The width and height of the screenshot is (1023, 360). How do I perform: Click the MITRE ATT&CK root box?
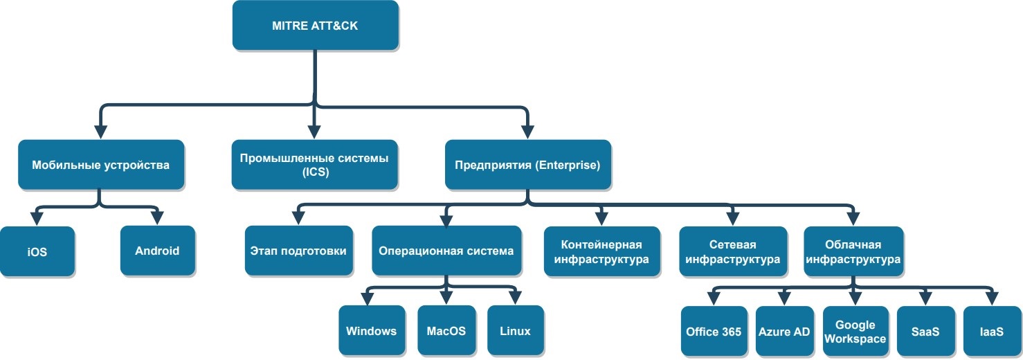pyautogui.click(x=315, y=26)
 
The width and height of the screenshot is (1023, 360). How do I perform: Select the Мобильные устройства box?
pyautogui.click(x=101, y=165)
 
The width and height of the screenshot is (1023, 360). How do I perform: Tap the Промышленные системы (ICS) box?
pyautogui.click(x=314, y=165)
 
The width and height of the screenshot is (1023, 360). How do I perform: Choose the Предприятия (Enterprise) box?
pyautogui.click(x=527, y=165)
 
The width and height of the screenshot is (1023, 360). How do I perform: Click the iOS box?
pyautogui.click(x=37, y=252)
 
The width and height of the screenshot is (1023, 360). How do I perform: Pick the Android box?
pyautogui.click(x=157, y=251)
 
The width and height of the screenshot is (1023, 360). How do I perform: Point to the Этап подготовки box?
pyautogui.click(x=298, y=251)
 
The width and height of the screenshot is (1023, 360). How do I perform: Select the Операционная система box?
pyautogui.click(x=446, y=251)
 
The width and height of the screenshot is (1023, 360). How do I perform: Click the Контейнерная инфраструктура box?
pyautogui.click(x=601, y=252)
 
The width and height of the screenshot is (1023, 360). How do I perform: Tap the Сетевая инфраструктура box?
pyautogui.click(x=733, y=252)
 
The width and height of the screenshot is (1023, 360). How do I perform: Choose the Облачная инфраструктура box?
pyautogui.click(x=853, y=252)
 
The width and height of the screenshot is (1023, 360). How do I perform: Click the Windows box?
pyautogui.click(x=372, y=330)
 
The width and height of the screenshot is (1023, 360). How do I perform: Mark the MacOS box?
pyautogui.click(x=446, y=330)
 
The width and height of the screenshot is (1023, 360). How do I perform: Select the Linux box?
pyautogui.click(x=515, y=330)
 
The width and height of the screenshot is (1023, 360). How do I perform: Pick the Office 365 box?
pyautogui.click(x=714, y=331)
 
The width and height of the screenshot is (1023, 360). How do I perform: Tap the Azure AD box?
pyautogui.click(x=784, y=331)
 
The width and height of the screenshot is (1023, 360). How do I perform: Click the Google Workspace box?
pyautogui.click(x=855, y=331)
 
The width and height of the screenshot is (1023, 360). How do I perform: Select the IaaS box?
pyautogui.click(x=991, y=331)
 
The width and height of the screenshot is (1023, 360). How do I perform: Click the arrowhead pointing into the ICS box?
pyautogui.click(x=315, y=132)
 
